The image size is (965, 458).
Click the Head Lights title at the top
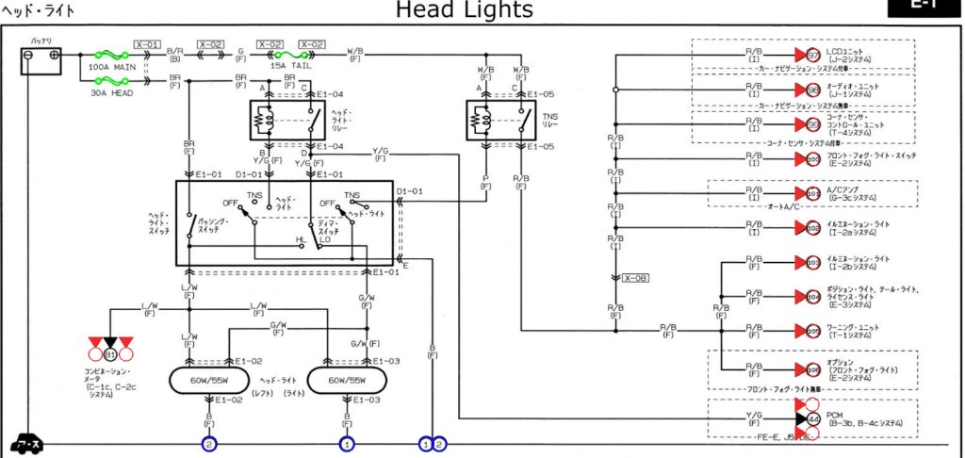click(463, 10)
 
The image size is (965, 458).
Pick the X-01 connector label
click(147, 44)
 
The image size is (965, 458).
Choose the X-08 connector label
click(634, 278)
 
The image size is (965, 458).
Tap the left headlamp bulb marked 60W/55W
click(204, 382)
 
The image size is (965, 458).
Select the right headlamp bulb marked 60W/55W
click(347, 382)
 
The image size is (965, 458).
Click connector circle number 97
click(813, 56)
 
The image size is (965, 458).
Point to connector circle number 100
click(813, 159)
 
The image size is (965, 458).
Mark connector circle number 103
click(813, 263)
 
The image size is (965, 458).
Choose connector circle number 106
click(813, 369)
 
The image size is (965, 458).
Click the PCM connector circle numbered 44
click(813, 417)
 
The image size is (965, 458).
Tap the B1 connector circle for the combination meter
click(110, 355)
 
